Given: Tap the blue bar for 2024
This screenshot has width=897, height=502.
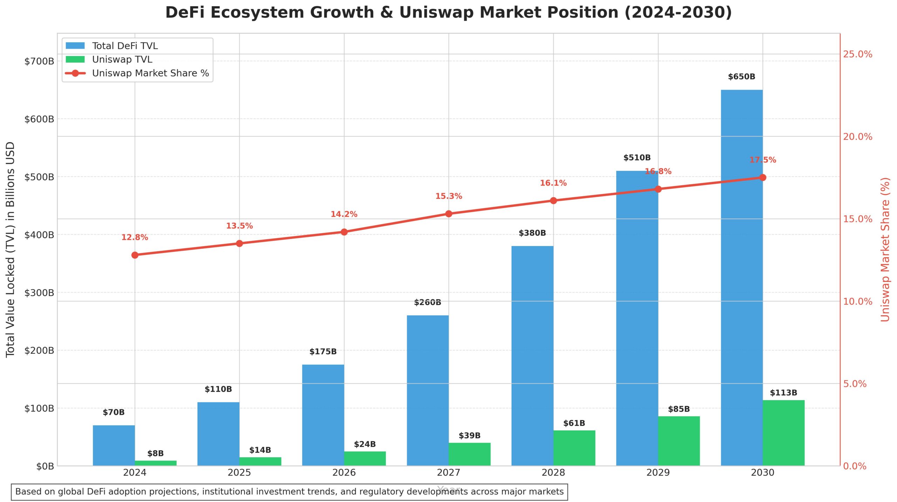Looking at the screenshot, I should click(114, 445).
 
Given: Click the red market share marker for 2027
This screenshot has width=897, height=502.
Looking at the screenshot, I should click(448, 214).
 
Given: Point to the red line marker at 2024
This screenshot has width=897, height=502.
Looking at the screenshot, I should click(135, 255).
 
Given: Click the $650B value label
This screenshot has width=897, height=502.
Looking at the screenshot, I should click(741, 77).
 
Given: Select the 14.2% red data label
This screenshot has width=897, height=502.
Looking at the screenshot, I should click(344, 214).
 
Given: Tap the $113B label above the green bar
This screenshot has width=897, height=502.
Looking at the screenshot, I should click(783, 393).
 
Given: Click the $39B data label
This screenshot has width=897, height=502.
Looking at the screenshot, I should click(470, 435).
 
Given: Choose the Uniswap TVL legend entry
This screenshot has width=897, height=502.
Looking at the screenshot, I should click(122, 60).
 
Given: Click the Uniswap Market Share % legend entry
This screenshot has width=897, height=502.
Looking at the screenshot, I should click(150, 73).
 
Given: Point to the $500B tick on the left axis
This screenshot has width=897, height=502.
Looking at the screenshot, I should click(39, 177).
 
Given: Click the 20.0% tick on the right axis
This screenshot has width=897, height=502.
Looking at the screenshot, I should click(857, 137).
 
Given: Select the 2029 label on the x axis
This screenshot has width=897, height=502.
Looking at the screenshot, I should click(658, 473).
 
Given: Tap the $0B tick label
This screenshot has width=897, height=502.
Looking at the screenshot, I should click(45, 466).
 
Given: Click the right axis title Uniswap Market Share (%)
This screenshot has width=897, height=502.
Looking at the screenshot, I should click(885, 249).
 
